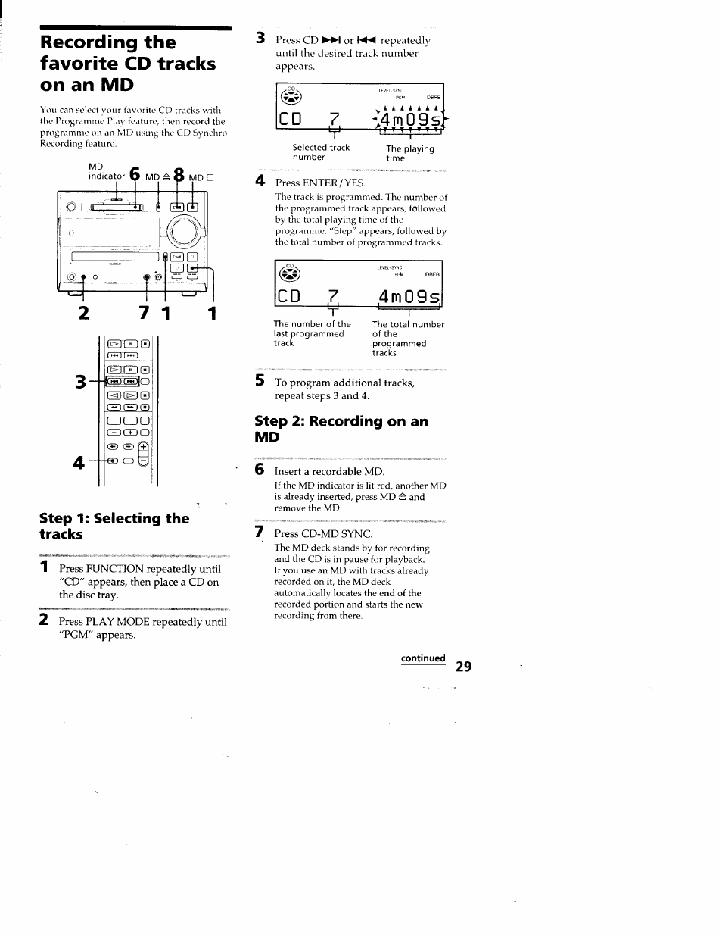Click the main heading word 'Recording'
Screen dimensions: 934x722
(x=107, y=42)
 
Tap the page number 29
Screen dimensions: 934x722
(x=463, y=666)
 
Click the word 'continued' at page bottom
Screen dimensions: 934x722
(x=423, y=658)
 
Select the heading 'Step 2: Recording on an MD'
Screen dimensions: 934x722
(x=341, y=429)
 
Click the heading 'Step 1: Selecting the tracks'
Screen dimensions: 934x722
(x=114, y=526)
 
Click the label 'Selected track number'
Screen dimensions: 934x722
(x=321, y=152)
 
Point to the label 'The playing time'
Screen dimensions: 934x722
(x=409, y=153)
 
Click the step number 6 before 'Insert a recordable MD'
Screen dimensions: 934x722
(x=260, y=470)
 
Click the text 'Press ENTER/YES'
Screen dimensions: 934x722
(x=320, y=183)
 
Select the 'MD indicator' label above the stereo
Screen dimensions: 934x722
(x=106, y=171)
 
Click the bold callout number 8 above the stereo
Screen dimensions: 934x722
(x=179, y=175)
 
